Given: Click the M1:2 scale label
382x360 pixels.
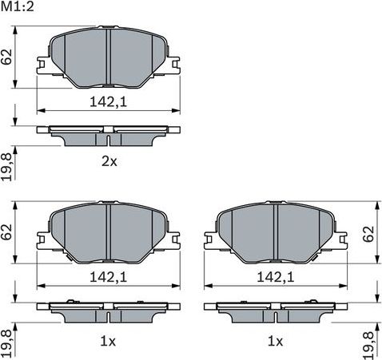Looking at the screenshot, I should pyautogui.click(x=18, y=7).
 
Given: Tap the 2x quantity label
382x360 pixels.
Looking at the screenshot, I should pyautogui.click(x=109, y=161).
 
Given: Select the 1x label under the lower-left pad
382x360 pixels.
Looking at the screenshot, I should pyautogui.click(x=109, y=341).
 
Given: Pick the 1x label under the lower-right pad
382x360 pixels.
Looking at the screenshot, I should pyautogui.click(x=275, y=341).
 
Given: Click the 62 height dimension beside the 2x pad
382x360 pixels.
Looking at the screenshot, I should pyautogui.click(x=7, y=57).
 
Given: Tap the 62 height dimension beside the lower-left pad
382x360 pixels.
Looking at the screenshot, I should pyautogui.click(x=7, y=232).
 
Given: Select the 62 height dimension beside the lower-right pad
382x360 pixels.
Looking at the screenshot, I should pyautogui.click(x=369, y=232).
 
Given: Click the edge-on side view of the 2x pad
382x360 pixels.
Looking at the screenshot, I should pyautogui.click(x=109, y=134).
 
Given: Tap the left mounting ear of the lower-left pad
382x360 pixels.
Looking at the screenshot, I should pyautogui.click(x=43, y=236).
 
